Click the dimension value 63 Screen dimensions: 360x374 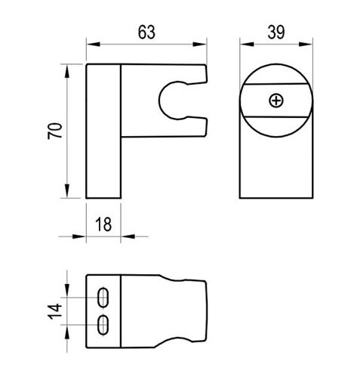click(x=146, y=32)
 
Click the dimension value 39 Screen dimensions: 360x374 click(x=276, y=32)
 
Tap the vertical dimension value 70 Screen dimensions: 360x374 click(x=55, y=131)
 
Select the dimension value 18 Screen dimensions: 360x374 click(x=103, y=224)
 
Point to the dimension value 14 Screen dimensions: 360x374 click(x=55, y=311)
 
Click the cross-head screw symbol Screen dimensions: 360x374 click(x=276, y=100)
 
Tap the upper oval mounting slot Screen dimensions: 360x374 click(x=103, y=297)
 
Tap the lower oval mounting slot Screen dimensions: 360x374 click(x=103, y=325)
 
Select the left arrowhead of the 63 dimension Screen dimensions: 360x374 click(x=93, y=45)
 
